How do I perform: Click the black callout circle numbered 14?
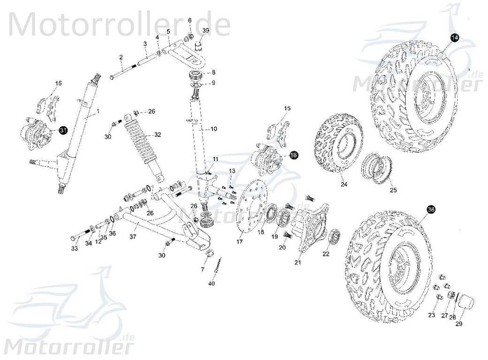[x=454, y=38]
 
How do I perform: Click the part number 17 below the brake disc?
[x=240, y=242]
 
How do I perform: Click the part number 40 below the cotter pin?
[x=212, y=284]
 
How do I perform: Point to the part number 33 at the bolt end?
[x=75, y=248]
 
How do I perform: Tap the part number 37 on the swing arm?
[x=133, y=237]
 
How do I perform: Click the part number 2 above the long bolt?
[x=121, y=57]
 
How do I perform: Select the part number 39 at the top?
[x=206, y=30]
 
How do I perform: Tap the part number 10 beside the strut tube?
[x=213, y=128]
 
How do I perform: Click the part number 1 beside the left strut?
[x=99, y=112]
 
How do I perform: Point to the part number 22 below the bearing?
[x=326, y=254]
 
